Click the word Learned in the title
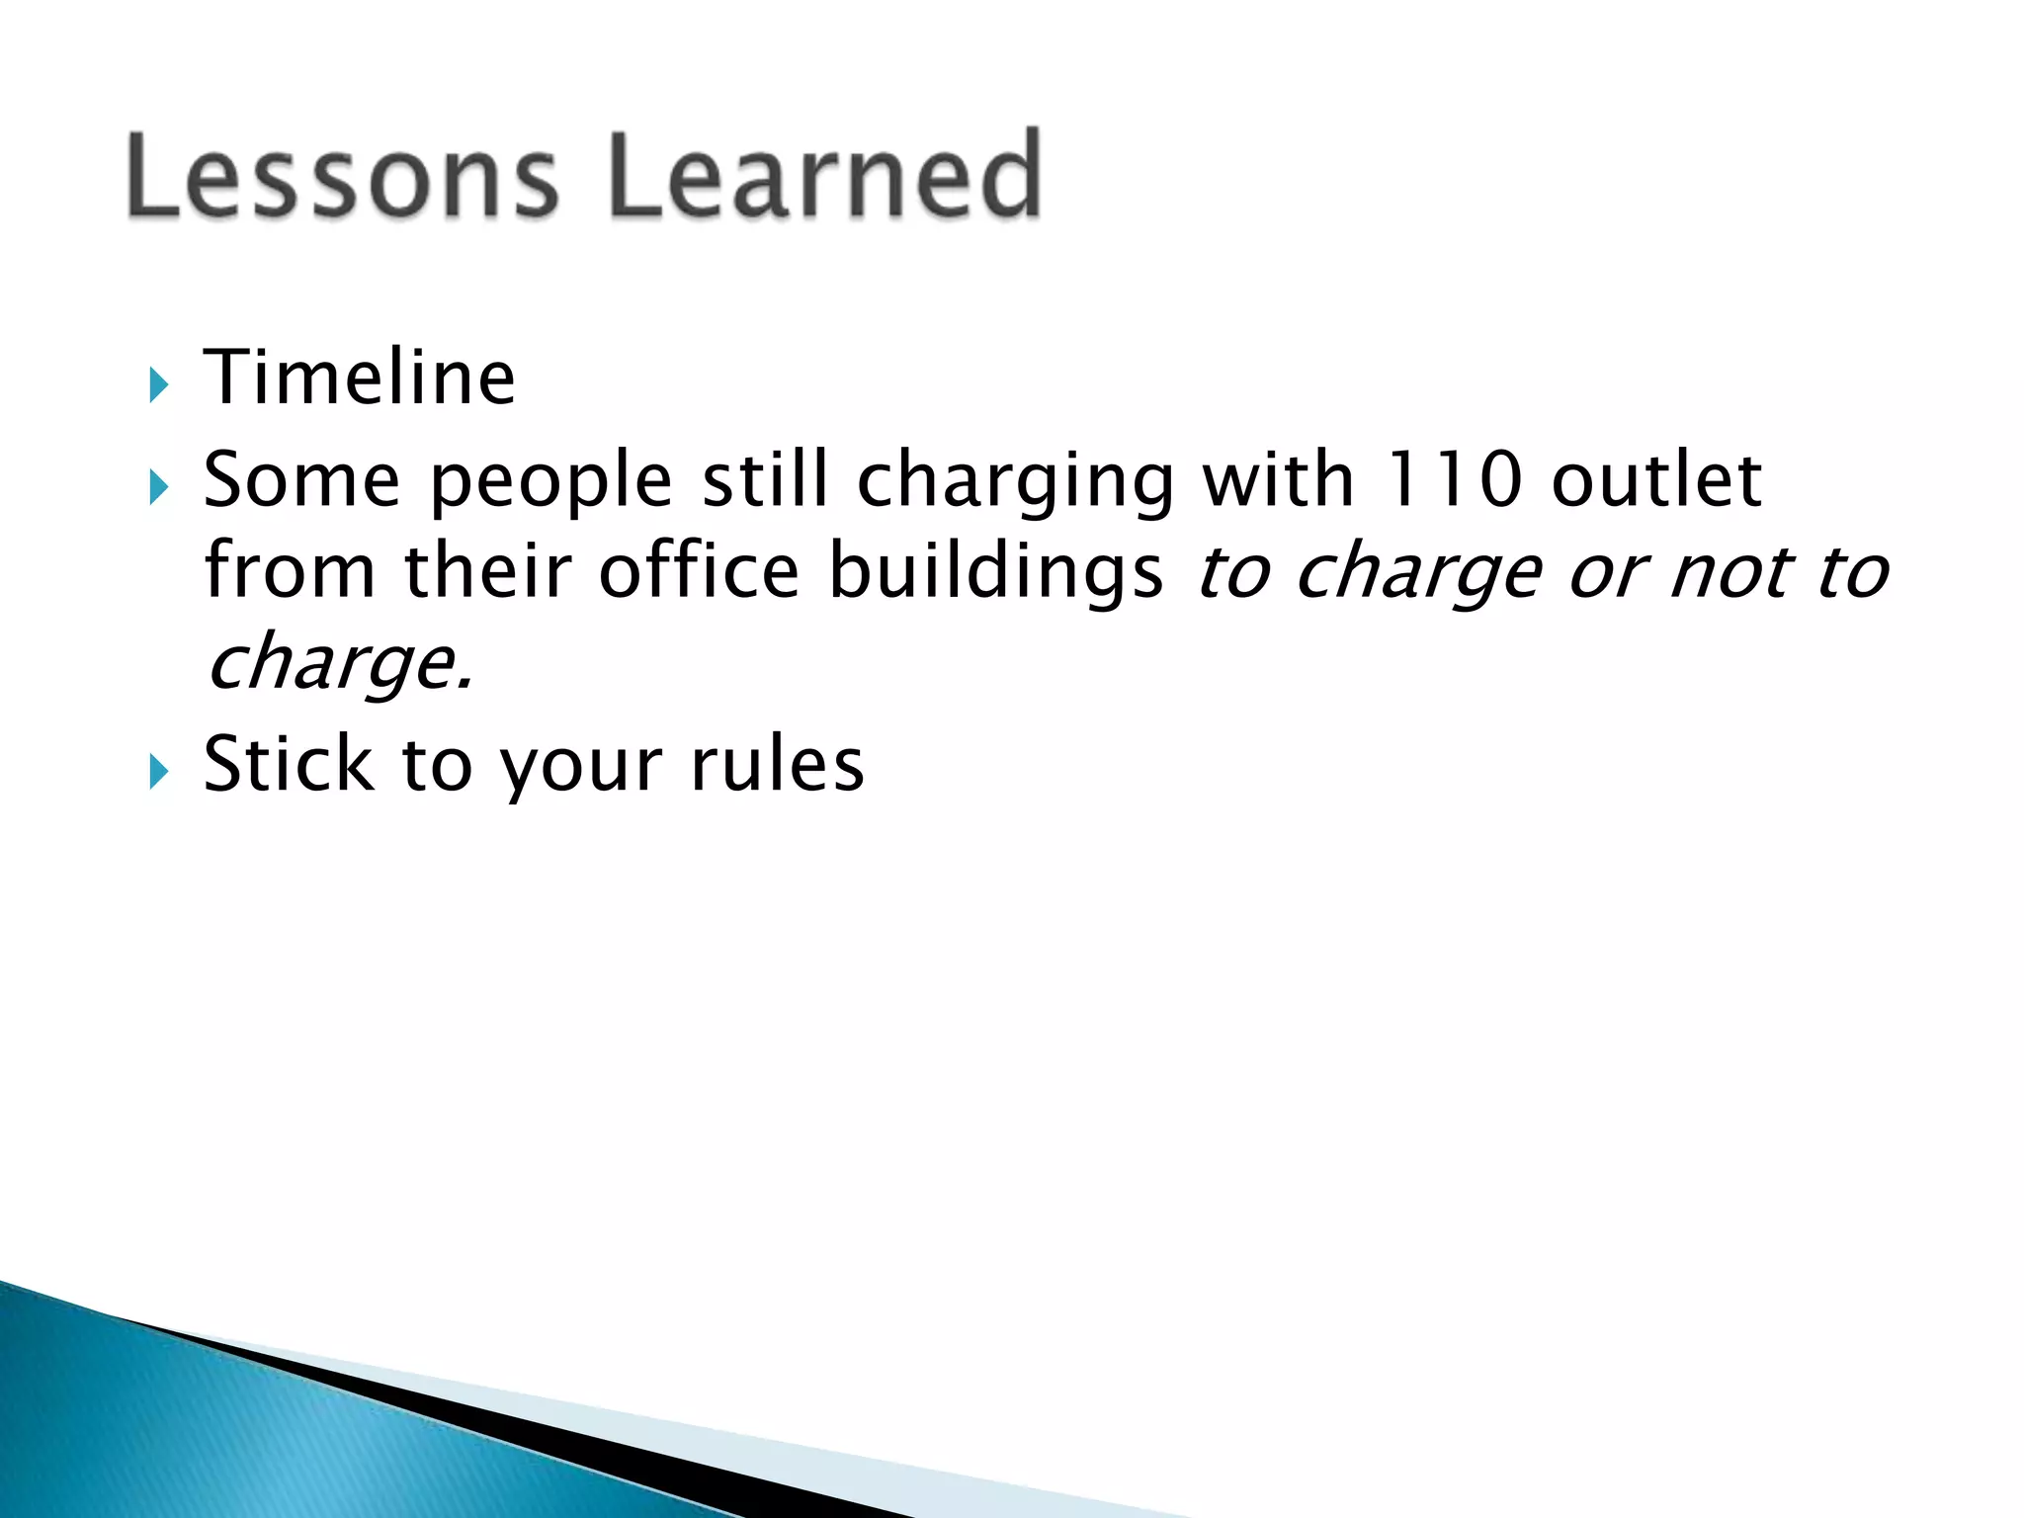point(824,176)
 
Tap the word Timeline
point(359,378)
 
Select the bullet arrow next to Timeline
point(158,383)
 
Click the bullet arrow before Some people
point(158,486)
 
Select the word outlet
point(1656,480)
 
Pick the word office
point(699,571)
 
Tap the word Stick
point(289,764)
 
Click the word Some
point(301,480)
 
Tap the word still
point(764,480)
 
